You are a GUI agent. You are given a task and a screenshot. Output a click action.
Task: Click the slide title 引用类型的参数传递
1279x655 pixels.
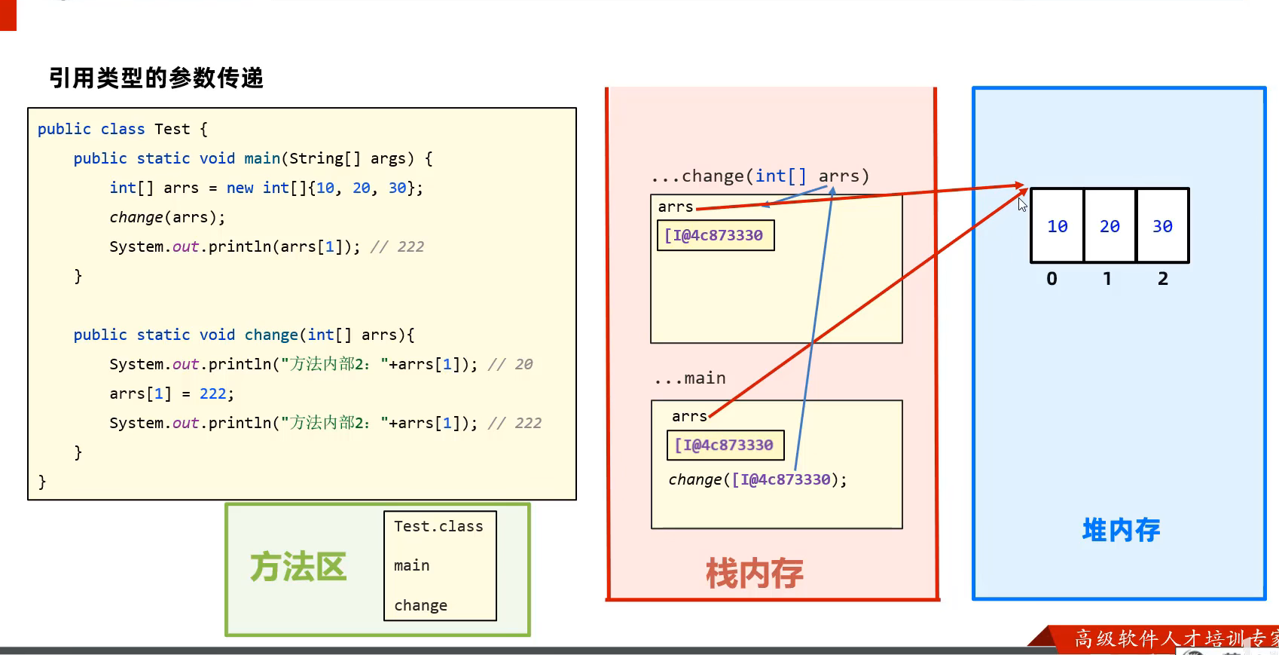(x=156, y=78)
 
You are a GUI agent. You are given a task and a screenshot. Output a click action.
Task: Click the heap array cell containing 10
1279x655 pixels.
(x=1057, y=226)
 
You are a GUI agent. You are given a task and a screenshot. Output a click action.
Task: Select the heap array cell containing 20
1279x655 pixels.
(x=1110, y=226)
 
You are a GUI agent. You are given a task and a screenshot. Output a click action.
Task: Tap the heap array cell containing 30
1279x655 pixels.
(x=1162, y=226)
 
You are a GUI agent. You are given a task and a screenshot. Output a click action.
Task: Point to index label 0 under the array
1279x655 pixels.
(x=1052, y=279)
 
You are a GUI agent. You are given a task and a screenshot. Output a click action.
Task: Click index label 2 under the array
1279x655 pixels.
(x=1163, y=279)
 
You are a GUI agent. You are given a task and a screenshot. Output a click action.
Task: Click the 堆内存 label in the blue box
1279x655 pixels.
(x=1121, y=530)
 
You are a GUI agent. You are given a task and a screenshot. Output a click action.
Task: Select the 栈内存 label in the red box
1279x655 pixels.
(x=754, y=574)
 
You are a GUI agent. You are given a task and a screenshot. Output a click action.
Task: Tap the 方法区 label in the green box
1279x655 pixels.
(x=298, y=567)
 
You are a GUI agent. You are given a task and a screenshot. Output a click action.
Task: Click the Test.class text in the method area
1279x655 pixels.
(x=438, y=526)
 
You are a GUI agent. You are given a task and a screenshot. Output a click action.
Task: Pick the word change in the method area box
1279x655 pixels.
(x=420, y=605)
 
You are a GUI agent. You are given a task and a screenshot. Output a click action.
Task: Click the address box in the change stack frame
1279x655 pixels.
(x=715, y=235)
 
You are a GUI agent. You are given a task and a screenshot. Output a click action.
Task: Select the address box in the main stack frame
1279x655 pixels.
(x=725, y=445)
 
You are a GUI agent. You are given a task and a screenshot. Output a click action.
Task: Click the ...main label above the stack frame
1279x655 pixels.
(x=690, y=378)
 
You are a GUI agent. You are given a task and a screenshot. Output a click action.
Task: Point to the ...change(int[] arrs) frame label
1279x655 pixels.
(x=760, y=176)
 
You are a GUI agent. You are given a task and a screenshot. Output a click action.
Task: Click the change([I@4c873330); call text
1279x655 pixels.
(x=757, y=479)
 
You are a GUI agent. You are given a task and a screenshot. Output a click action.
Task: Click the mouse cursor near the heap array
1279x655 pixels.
(x=1022, y=204)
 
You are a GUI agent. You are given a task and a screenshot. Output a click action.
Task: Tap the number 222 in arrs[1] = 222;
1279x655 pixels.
(x=213, y=393)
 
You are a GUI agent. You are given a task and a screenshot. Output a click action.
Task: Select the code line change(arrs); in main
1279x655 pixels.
(x=167, y=217)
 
